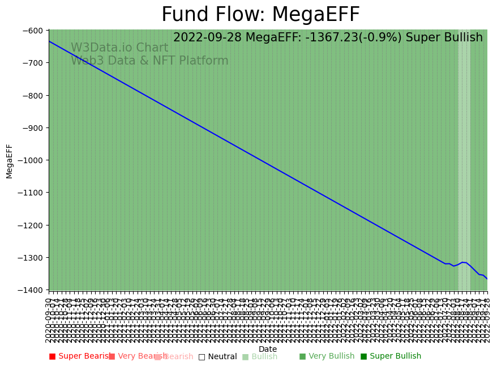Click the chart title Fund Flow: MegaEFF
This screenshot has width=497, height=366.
(x=260, y=15)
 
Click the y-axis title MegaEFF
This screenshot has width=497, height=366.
(x=10, y=161)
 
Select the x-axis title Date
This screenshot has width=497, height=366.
(x=268, y=350)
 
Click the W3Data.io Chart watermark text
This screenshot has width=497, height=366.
(x=119, y=48)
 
